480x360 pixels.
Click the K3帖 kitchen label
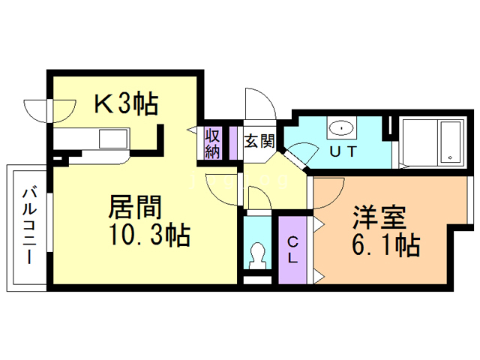(x=126, y=103)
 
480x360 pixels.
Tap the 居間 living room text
(x=135, y=206)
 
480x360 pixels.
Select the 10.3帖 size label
(x=150, y=235)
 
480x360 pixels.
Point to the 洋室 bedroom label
(x=379, y=217)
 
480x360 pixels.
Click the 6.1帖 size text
(x=386, y=245)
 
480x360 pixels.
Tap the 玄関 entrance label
(x=259, y=141)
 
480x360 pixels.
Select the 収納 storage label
(x=213, y=144)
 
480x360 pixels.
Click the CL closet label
(x=292, y=250)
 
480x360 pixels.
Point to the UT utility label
(x=343, y=151)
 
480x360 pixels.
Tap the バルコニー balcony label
(x=30, y=226)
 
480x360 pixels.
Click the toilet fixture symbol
(x=258, y=255)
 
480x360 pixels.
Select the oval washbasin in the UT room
(x=340, y=128)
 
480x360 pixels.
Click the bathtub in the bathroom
(x=450, y=142)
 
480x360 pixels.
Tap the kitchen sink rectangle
(x=113, y=139)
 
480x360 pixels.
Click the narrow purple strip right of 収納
(x=233, y=143)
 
